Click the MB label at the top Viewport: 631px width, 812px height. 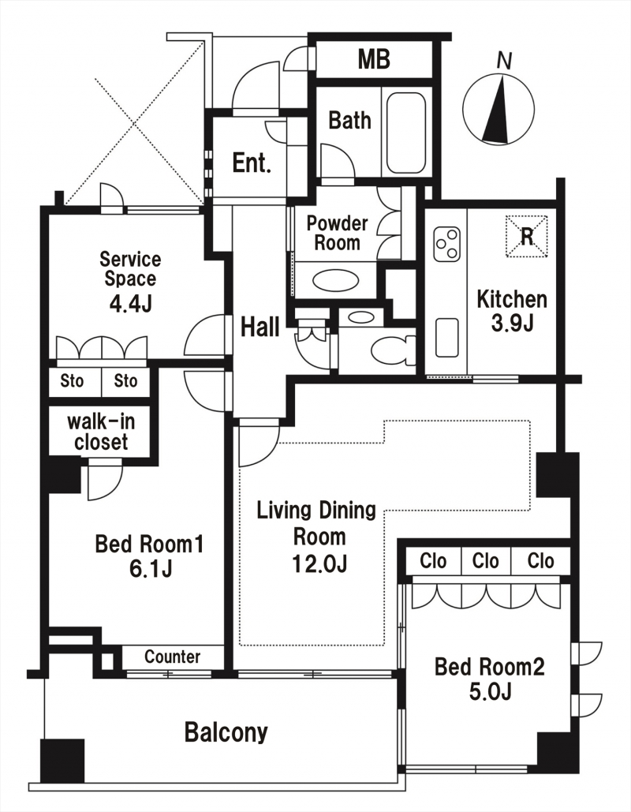click(x=374, y=59)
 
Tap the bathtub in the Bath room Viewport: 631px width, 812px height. click(x=406, y=133)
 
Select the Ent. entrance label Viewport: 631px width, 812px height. click(x=252, y=163)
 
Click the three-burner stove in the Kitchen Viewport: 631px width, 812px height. click(x=447, y=244)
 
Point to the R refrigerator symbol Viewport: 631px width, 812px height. click(x=526, y=236)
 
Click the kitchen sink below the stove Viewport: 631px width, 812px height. click(x=446, y=338)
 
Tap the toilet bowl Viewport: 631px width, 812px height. click(x=394, y=350)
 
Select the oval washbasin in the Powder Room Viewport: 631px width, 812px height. click(x=335, y=283)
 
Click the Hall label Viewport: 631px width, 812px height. click(x=260, y=327)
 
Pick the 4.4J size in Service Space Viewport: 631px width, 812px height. click(x=130, y=304)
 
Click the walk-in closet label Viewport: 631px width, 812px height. click(x=101, y=432)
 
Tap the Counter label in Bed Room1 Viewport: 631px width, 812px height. click(x=173, y=657)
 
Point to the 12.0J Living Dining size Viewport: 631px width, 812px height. click(x=319, y=563)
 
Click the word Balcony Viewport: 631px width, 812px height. click(x=226, y=733)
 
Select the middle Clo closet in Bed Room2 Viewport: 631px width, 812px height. click(x=486, y=561)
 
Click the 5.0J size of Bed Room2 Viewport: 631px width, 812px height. click(x=490, y=691)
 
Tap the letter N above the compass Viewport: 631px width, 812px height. click(x=504, y=61)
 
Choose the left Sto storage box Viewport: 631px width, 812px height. click(x=73, y=382)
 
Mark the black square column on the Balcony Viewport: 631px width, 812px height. click(x=62, y=761)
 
